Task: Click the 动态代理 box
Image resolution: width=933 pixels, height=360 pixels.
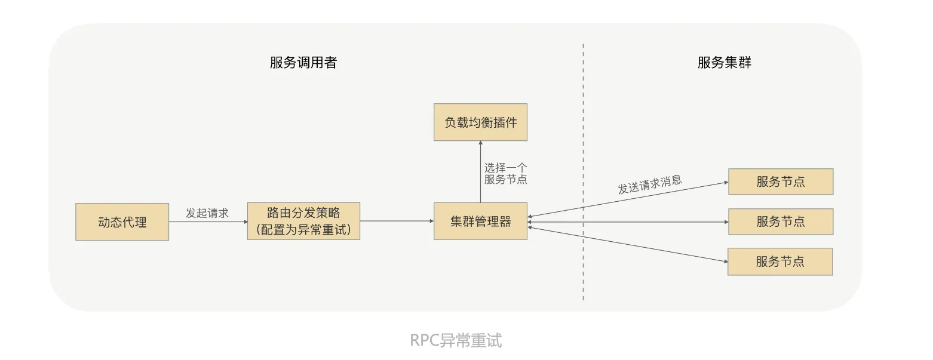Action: [122, 222]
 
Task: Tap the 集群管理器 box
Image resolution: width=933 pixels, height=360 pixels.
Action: [480, 221]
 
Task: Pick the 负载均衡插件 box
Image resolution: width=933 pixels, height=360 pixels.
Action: [480, 122]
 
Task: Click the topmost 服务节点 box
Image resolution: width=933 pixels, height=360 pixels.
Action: [780, 181]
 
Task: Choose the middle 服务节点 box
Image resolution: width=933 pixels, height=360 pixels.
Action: [780, 221]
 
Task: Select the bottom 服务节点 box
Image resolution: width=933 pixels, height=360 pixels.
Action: [779, 261]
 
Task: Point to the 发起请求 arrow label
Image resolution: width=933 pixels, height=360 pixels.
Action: [207, 213]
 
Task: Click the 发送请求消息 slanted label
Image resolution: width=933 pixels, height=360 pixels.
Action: [650, 184]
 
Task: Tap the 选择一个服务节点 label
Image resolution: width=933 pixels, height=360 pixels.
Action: [505, 174]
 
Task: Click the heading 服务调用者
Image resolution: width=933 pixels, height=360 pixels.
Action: [303, 63]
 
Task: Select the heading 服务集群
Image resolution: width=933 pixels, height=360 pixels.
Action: [725, 63]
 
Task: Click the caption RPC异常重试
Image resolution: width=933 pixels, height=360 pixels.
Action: [456, 340]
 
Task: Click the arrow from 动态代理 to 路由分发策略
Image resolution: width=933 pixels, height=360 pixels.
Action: [208, 222]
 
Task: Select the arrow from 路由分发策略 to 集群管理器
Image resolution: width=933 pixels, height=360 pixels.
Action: [397, 221]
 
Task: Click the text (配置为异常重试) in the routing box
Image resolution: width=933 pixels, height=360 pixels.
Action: [303, 229]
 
